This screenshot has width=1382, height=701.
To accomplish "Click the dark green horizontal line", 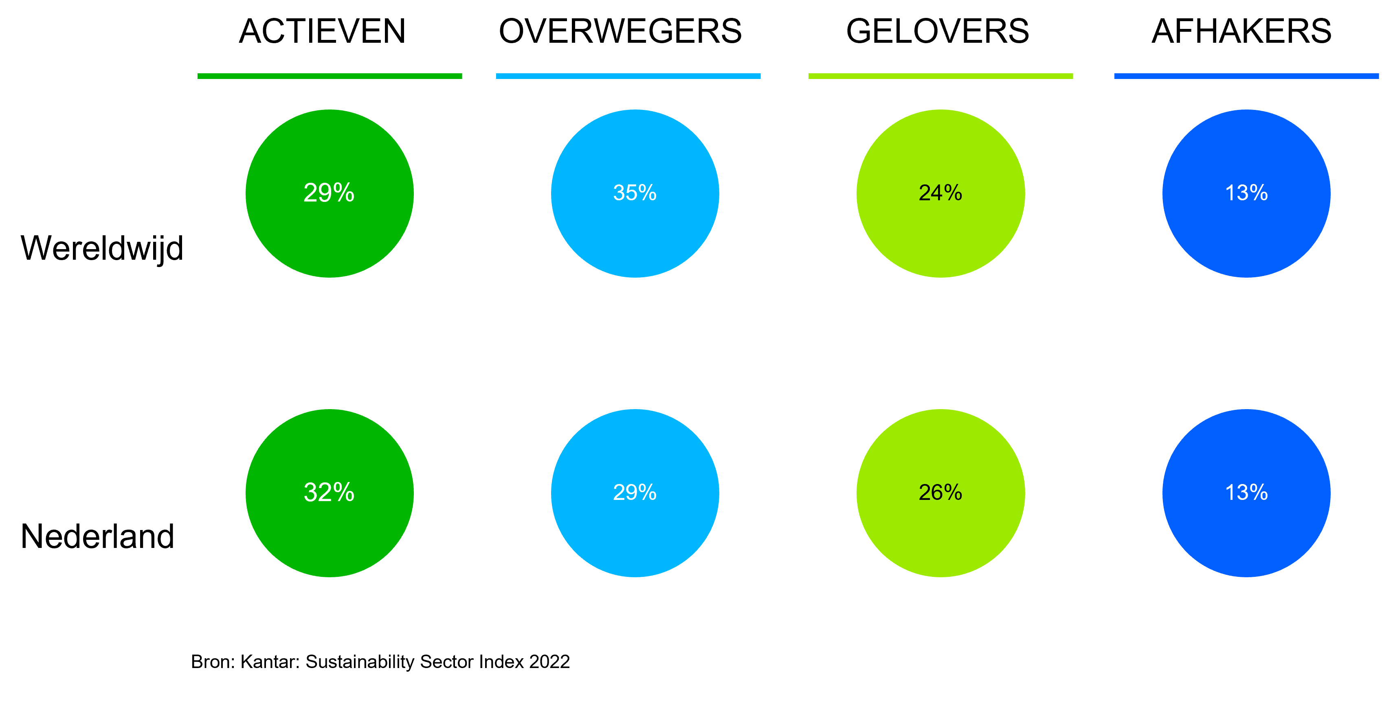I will (330, 76).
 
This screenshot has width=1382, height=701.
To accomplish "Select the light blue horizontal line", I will (628, 76).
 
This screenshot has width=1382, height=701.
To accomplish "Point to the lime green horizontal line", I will (940, 76).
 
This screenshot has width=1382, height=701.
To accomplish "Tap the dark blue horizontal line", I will (1246, 76).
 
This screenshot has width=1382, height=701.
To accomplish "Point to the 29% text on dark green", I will (329, 193).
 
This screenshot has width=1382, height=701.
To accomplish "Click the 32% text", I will (329, 492).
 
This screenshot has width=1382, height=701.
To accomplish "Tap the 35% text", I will (635, 193).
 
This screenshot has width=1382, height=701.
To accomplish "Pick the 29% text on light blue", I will (635, 492).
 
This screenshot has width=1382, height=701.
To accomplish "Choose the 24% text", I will (940, 193).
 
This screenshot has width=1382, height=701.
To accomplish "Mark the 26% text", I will (940, 492).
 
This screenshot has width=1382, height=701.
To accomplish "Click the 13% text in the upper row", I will (1246, 193).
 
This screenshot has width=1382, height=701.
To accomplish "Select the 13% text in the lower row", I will (1246, 492).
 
